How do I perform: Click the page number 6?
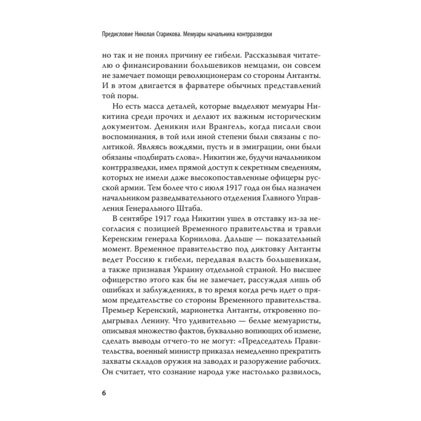[104, 393]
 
